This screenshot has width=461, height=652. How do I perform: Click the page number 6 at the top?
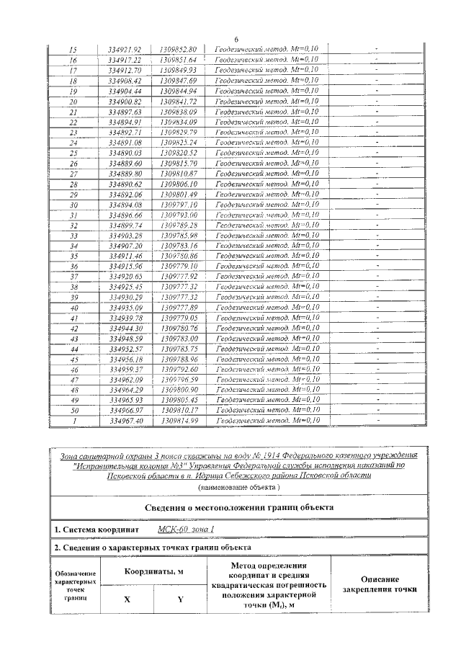236,39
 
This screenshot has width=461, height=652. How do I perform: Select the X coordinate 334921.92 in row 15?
124,49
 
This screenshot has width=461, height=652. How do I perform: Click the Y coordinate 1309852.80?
179,49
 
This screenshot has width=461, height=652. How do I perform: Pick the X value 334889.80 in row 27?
124,174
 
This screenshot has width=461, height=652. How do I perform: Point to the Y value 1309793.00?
179,215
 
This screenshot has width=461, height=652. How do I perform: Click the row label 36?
73,266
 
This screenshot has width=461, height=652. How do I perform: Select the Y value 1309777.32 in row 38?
179,286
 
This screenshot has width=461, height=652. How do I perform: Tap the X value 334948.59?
124,338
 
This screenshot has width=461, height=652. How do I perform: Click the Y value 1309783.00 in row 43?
179,338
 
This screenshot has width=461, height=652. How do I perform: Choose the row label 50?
73,409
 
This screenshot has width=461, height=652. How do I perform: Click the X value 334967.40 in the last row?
124,420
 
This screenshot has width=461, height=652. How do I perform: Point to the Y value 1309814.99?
179,420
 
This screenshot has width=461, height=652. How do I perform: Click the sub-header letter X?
127,599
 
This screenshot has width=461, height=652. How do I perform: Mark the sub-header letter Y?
180,599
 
